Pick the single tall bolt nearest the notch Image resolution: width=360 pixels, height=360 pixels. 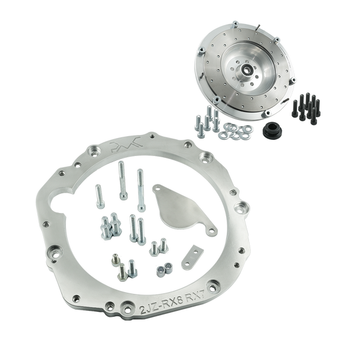[x=98, y=195]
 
